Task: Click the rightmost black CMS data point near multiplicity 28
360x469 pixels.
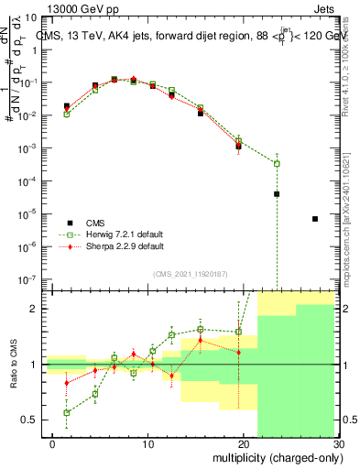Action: click(315, 219)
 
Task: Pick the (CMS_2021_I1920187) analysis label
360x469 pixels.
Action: click(191, 273)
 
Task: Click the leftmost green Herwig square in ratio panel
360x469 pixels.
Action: click(66, 412)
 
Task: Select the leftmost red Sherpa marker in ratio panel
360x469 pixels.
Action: click(66, 383)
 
